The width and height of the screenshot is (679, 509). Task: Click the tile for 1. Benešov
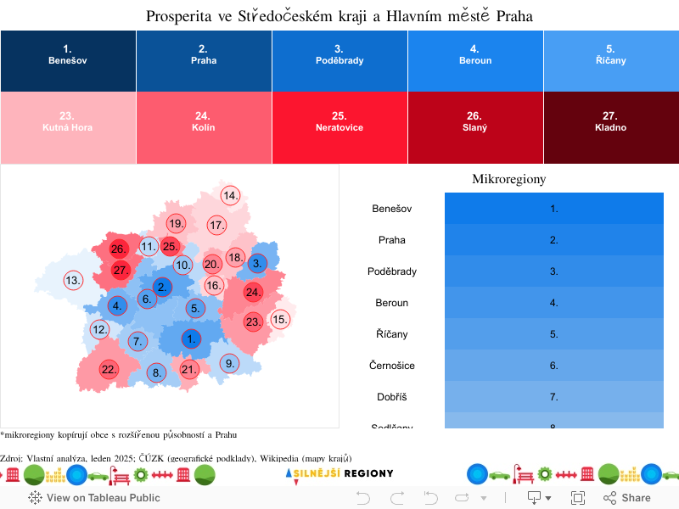(68, 60)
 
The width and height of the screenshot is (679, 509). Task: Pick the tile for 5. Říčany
(611, 60)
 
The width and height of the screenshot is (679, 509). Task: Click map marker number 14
(230, 195)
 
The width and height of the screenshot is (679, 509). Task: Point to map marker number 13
(74, 280)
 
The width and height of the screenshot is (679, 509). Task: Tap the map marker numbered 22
(109, 369)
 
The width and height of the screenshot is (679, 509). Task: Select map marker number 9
(229, 363)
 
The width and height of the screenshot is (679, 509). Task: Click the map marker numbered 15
(280, 319)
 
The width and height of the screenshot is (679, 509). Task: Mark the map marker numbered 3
(258, 263)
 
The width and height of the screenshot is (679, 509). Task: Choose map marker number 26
(118, 249)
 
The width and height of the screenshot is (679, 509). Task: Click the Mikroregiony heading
(508, 179)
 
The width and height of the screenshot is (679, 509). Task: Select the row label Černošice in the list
(392, 366)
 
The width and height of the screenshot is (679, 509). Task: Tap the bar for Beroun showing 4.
(553, 303)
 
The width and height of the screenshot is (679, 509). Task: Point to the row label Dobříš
(392, 397)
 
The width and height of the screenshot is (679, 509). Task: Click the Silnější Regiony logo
(339, 473)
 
